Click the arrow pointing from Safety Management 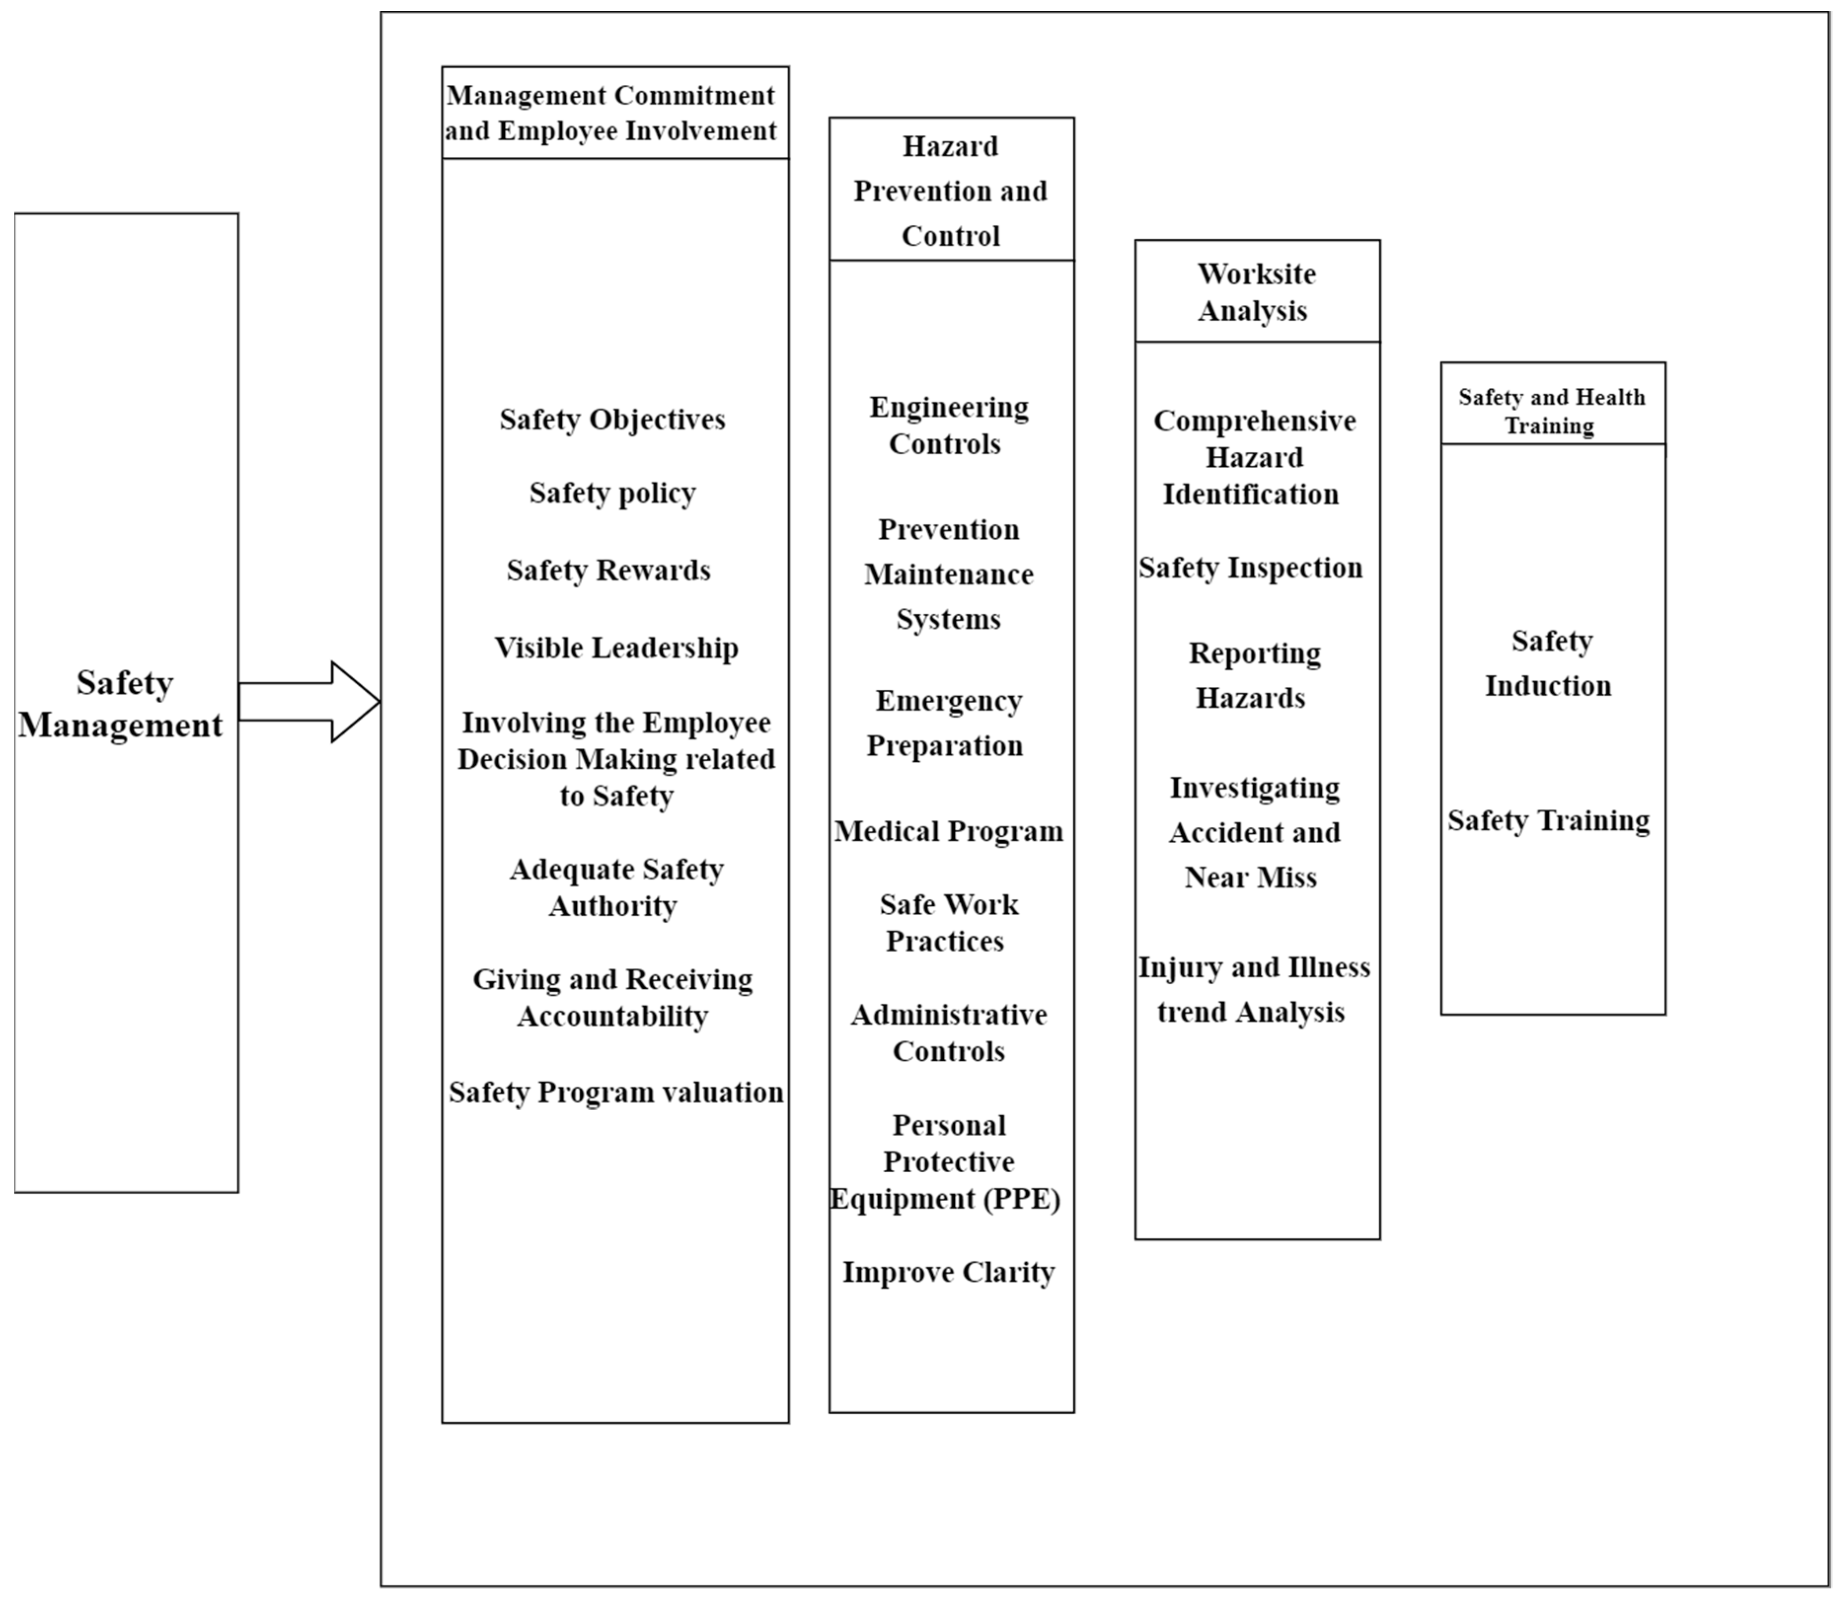coord(308,702)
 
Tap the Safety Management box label coord(122,704)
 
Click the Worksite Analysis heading coord(1256,292)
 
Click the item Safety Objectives coord(612,420)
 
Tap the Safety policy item coord(612,493)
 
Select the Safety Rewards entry coord(609,570)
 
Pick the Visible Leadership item coord(616,648)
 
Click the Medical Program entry coord(949,831)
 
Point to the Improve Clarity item coord(949,1271)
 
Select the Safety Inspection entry coord(1251,568)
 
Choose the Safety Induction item coord(1550,664)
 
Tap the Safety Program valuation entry coord(616,1092)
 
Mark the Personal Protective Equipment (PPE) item coord(946,1161)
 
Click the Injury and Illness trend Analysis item coord(1253,989)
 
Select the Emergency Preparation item coord(946,723)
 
